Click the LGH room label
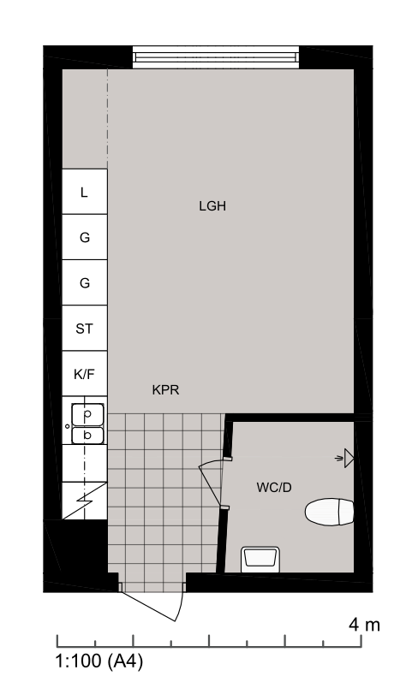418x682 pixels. click(212, 205)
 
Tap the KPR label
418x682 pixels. click(165, 389)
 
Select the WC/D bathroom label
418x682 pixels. click(274, 487)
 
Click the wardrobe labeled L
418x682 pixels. click(85, 192)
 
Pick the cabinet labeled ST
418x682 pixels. click(85, 328)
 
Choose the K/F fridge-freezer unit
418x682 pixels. click(85, 374)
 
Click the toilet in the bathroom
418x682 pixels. click(330, 512)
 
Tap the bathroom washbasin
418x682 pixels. click(260, 560)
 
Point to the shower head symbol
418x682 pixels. click(345, 458)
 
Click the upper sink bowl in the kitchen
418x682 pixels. click(87, 414)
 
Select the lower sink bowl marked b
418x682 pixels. click(87, 436)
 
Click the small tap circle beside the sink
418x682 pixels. click(67, 426)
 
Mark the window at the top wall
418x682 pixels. click(216, 57)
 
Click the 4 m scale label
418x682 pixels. click(364, 625)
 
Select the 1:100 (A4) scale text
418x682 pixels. click(99, 661)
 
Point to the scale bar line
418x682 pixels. click(209, 647)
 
